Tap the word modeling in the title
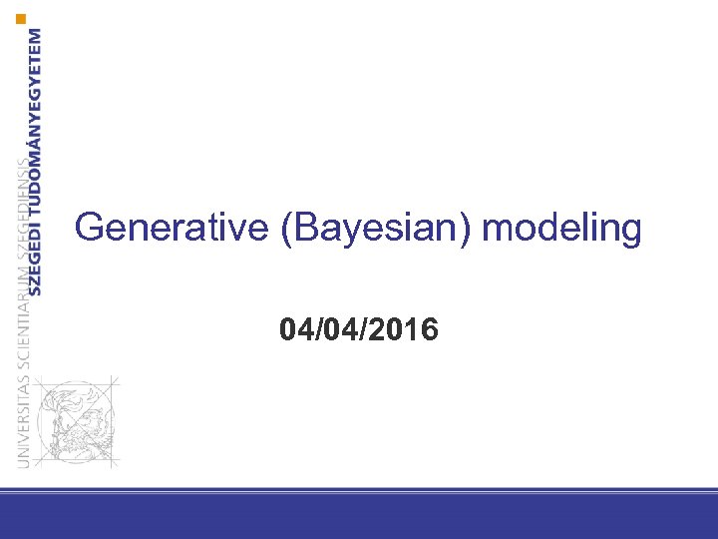pyautogui.click(x=561, y=228)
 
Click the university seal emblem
pyautogui.click(x=75, y=420)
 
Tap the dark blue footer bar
pyautogui.click(x=359, y=517)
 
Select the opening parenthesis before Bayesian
pyautogui.click(x=289, y=229)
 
